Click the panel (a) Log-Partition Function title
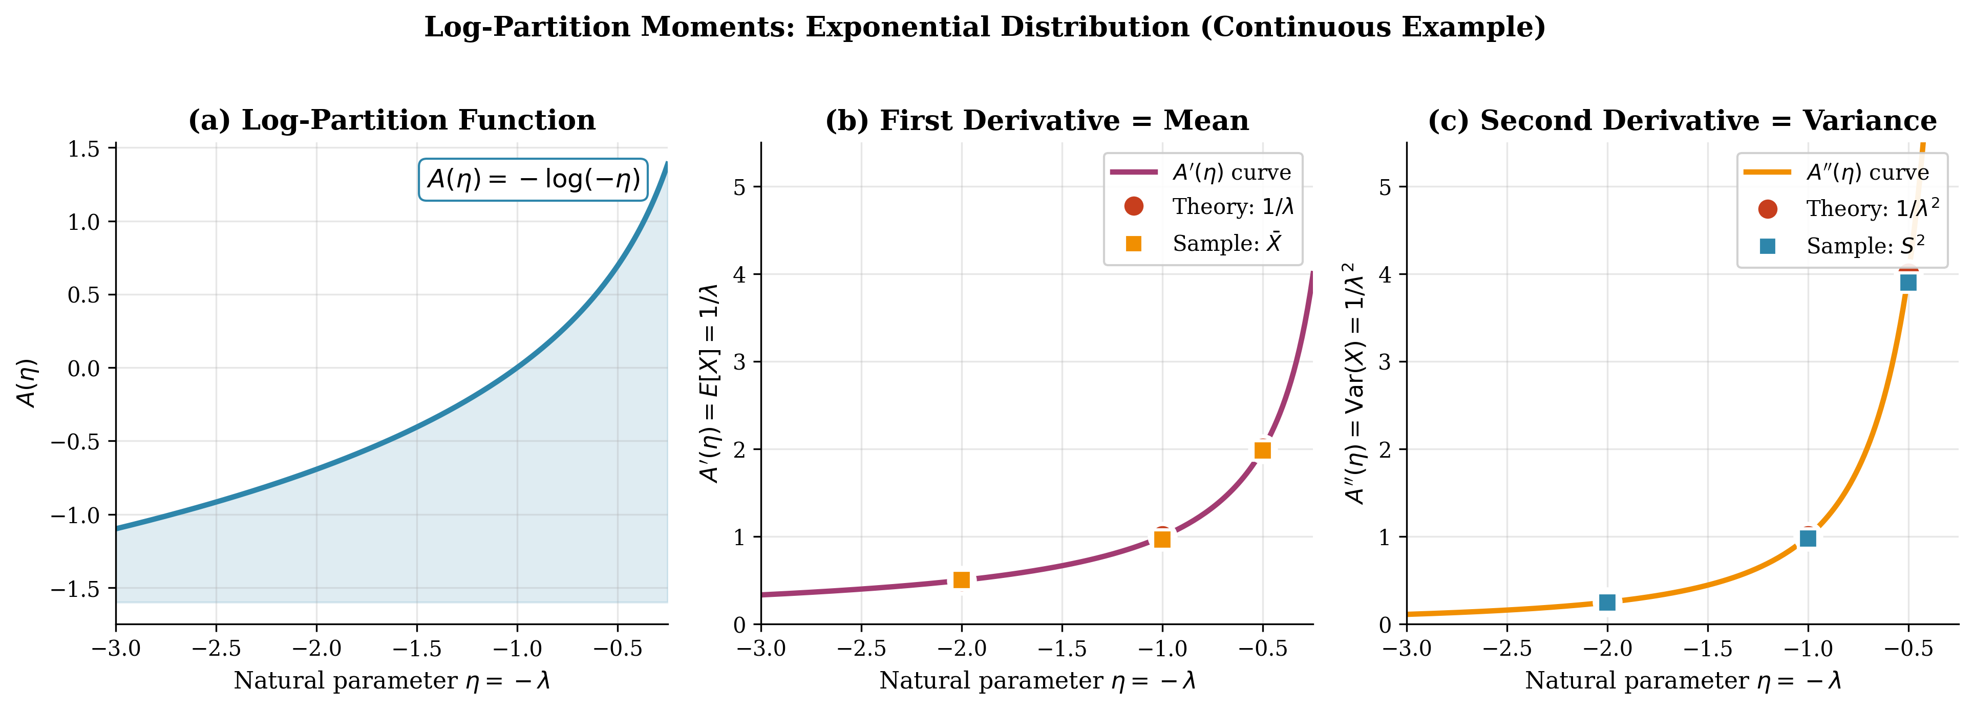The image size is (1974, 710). click(392, 121)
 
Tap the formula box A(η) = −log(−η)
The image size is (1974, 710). click(533, 180)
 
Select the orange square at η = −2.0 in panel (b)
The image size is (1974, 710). click(961, 580)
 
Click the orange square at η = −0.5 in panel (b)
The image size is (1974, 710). click(1263, 450)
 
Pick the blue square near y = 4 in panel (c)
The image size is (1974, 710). click(1908, 283)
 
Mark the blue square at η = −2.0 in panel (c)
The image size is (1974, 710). click(1607, 602)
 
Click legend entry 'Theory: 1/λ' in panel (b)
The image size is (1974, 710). click(1232, 207)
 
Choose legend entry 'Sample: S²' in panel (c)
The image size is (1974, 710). click(1864, 246)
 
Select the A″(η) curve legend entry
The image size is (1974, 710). click(1866, 173)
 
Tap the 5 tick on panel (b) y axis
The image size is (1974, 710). click(739, 187)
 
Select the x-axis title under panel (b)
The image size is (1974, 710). click(1037, 681)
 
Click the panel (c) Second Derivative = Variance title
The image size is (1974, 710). click(1682, 121)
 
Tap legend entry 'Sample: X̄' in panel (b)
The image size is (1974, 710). click(1226, 244)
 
